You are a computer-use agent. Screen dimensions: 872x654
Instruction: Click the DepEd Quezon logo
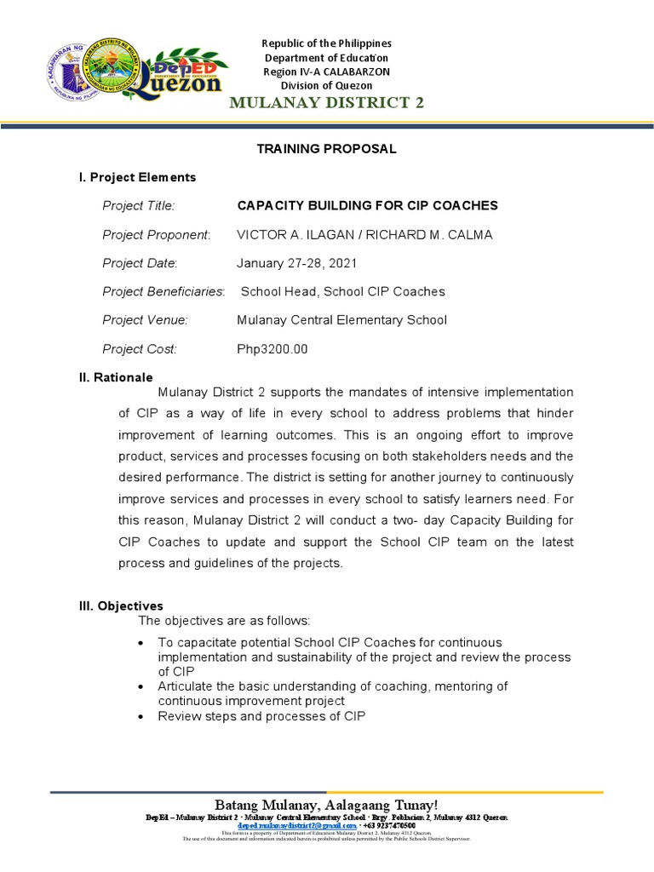(x=183, y=73)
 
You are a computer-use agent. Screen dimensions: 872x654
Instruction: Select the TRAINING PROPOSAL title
(x=327, y=149)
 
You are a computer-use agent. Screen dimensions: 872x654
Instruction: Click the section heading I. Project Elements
(x=137, y=177)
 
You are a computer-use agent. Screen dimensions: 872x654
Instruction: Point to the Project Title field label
(x=138, y=206)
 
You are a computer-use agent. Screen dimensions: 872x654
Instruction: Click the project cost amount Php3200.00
(x=272, y=349)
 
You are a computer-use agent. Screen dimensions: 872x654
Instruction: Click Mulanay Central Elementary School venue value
(x=341, y=320)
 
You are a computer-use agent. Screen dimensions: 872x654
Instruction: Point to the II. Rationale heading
(x=116, y=377)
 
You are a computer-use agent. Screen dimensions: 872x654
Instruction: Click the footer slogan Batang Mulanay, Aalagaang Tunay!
(x=327, y=805)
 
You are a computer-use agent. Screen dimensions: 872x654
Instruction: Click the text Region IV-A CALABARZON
(x=327, y=72)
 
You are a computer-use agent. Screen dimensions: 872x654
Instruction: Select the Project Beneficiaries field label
(x=163, y=292)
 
